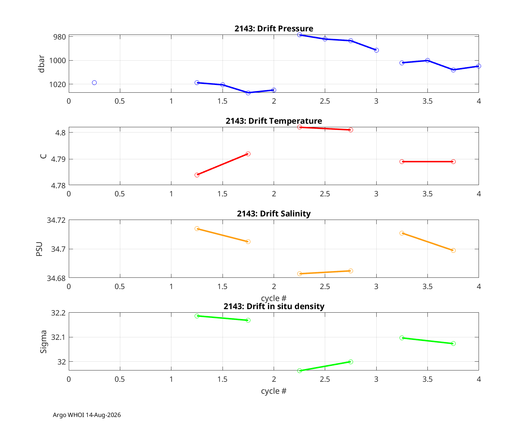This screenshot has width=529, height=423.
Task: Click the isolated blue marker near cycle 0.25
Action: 95,83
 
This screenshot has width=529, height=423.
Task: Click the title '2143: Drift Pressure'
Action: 274,29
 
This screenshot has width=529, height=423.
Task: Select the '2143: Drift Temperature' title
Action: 274,121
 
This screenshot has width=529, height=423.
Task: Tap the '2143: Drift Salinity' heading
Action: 274,214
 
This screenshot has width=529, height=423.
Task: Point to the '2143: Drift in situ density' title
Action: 274,306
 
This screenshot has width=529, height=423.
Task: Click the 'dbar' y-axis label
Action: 42,64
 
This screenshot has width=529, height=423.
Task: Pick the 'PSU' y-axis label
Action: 39,249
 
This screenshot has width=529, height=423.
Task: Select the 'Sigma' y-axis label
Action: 43,342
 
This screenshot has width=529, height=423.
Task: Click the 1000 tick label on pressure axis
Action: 57,61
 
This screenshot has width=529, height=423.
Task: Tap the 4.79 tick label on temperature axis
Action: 59,160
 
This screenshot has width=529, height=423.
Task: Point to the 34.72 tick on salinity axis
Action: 56,220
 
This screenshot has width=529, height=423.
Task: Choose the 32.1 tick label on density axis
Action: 59,337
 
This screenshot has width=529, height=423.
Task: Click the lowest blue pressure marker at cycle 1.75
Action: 249,93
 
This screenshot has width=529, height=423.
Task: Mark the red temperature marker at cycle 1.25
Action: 197,175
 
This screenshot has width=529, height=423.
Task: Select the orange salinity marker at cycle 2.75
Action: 351,271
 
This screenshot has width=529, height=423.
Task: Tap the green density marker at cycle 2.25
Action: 300,371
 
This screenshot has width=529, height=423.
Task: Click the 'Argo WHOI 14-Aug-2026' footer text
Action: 87,415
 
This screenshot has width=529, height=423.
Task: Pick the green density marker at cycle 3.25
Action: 402,338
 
